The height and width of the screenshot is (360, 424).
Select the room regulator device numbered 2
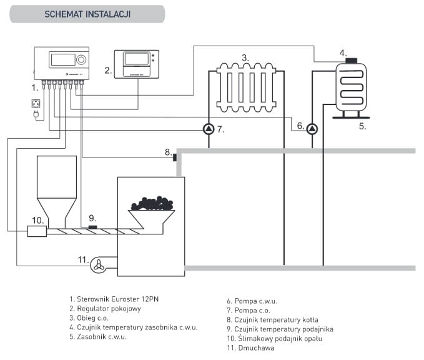[x=136, y=63]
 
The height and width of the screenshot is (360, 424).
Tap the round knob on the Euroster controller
[x=81, y=61]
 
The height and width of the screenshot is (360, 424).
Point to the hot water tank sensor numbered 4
[x=352, y=60]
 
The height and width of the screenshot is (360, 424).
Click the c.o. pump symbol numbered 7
[x=209, y=129]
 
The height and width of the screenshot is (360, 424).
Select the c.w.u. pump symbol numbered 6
[x=312, y=129]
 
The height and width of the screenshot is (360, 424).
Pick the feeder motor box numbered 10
[x=37, y=231]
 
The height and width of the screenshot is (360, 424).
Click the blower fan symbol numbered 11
[x=99, y=265]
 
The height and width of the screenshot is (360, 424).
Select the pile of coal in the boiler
[x=151, y=203]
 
